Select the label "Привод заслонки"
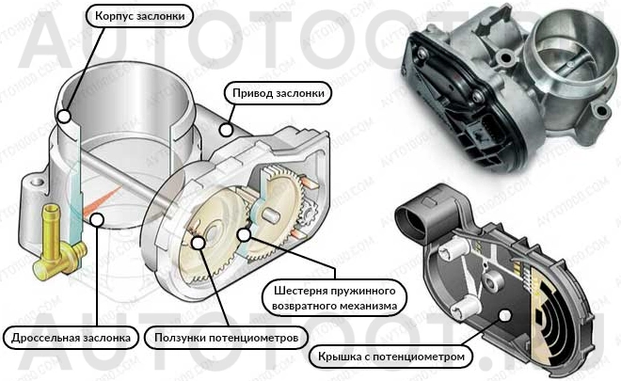[279, 93]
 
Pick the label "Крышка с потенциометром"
[393, 357]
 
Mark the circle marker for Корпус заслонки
[64, 117]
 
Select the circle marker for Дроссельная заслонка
[97, 220]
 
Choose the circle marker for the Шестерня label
[244, 234]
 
